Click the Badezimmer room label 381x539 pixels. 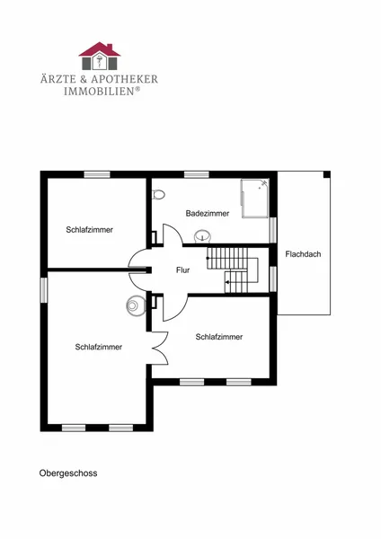(x=208, y=213)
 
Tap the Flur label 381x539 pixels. (x=183, y=270)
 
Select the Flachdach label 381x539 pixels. (x=303, y=254)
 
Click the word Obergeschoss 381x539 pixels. (x=68, y=473)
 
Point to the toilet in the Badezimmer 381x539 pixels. (x=158, y=194)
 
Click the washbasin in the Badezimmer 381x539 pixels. (x=203, y=236)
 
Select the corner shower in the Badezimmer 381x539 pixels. (x=255, y=199)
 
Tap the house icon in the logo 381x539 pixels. (x=100, y=56)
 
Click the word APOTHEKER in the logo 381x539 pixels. (x=125, y=79)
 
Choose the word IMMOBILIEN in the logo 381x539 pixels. (x=99, y=92)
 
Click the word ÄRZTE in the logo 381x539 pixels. (x=58, y=79)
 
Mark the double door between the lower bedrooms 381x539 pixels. (x=160, y=349)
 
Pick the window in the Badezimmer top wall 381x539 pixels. (x=197, y=174)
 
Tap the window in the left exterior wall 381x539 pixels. (x=44, y=290)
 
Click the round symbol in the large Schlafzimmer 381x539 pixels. (x=134, y=305)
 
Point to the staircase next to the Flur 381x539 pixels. (x=233, y=269)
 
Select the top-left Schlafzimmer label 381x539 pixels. (x=89, y=230)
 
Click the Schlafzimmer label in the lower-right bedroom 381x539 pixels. (x=219, y=337)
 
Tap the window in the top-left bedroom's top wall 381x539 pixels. (x=97, y=174)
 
